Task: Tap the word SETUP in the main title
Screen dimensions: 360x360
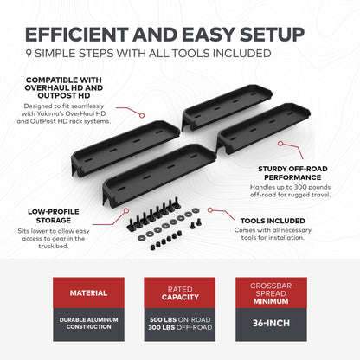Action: [x=266, y=35]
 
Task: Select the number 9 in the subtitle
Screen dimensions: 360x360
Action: [x=29, y=55]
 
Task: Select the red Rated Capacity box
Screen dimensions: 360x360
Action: [x=179, y=292]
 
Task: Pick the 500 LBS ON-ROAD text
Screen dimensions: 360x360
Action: [x=179, y=318]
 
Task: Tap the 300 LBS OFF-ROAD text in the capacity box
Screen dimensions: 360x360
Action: [x=179, y=327]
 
